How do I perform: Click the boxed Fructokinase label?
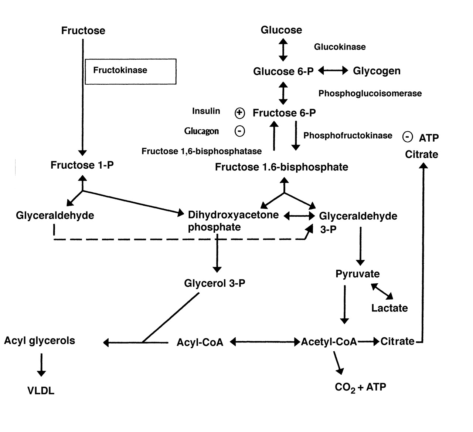(120, 70)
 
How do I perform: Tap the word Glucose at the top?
(281, 30)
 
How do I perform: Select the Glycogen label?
(377, 71)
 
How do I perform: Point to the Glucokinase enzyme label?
(340, 47)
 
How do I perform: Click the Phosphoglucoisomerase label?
(370, 94)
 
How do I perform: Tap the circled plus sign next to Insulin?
(240, 113)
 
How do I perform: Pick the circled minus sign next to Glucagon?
(240, 131)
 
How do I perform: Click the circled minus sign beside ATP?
(407, 137)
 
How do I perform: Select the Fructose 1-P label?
(82, 165)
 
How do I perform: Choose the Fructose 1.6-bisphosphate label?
(282, 167)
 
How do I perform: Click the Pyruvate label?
(357, 274)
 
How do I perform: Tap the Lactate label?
(389, 308)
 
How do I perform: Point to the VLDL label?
(41, 391)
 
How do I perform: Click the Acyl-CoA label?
(200, 342)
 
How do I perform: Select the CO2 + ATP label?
(360, 387)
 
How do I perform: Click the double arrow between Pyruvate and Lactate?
(382, 291)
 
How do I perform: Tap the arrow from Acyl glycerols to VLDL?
(41, 365)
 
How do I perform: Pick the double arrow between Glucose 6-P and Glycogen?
(333, 71)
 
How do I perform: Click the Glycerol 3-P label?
(215, 284)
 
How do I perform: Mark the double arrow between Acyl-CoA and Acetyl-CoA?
(265, 342)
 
